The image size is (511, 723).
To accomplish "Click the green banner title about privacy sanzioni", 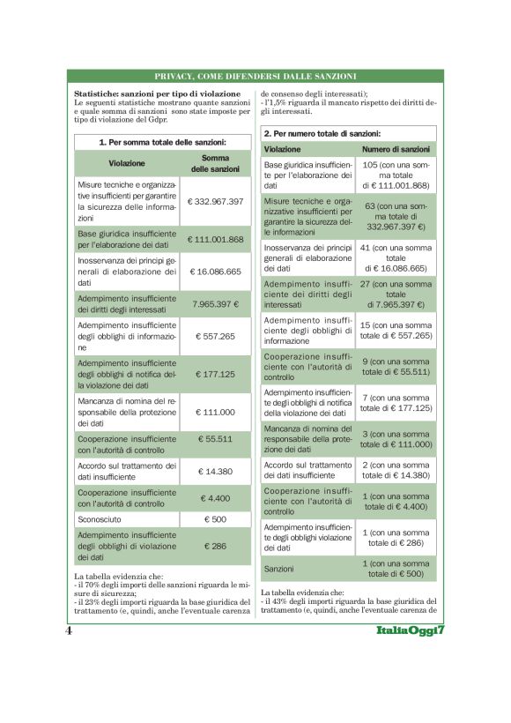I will coord(255,76).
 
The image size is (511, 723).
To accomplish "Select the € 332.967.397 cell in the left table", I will coord(215,201).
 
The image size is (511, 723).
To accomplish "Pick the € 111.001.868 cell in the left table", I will coord(215,239).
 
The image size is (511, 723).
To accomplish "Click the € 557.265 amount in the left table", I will coord(215,336).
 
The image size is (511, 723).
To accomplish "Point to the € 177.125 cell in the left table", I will coord(215,374).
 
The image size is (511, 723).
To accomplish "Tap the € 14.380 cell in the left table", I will coord(215,471).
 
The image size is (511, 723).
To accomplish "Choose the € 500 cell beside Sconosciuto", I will coord(215,519).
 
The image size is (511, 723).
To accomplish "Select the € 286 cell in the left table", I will coord(215,546).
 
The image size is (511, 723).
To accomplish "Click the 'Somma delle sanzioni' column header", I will coord(215,163).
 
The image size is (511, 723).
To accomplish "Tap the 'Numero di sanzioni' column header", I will coord(396,149).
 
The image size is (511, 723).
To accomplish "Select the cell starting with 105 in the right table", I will coord(396,175).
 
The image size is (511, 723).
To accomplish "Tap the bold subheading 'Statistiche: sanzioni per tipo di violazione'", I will coord(157,93).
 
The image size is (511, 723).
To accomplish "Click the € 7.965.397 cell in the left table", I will coord(215,303).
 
